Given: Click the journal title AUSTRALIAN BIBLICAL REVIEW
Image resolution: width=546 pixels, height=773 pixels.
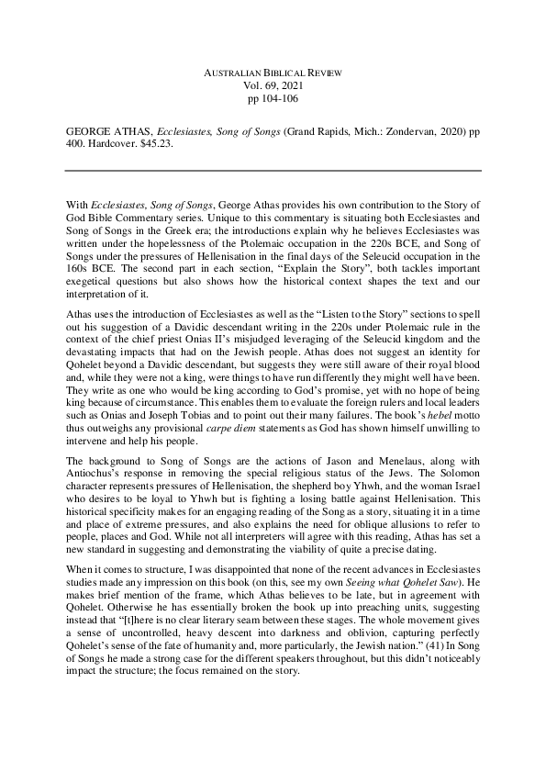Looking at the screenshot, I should [273, 72].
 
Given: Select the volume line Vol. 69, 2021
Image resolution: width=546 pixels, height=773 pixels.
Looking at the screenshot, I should [273, 84].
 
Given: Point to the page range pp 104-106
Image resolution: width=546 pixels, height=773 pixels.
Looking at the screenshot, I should [273, 97].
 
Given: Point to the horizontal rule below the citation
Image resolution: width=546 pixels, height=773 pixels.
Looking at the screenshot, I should [273, 171].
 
